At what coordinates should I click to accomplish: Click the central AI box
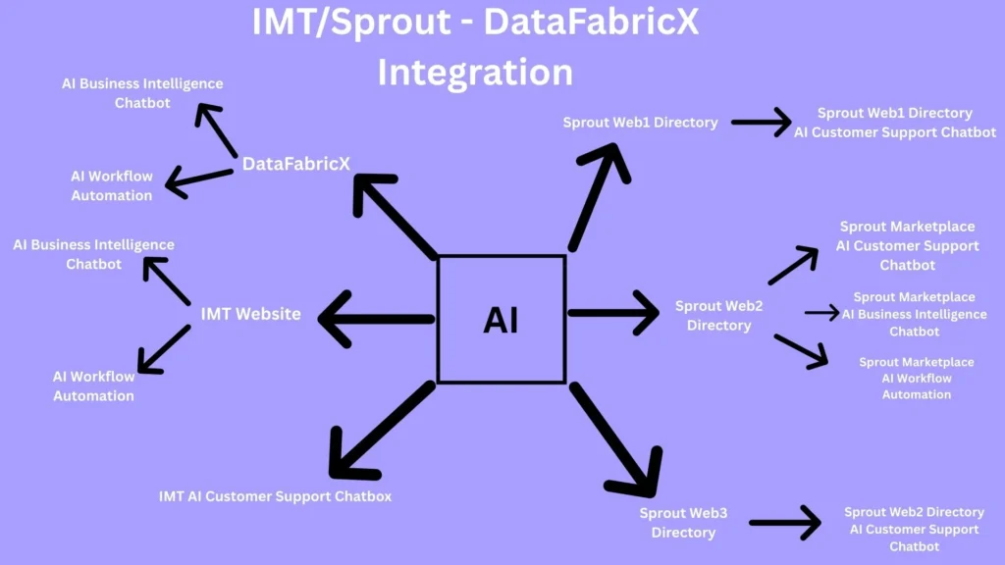(501, 319)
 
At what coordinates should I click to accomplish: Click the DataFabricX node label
(296, 164)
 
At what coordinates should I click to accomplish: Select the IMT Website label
(250, 315)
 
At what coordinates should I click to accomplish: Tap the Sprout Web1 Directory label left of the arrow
(640, 123)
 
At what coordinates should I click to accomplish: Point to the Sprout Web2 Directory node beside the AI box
(718, 316)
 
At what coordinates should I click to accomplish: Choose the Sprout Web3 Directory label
(683, 523)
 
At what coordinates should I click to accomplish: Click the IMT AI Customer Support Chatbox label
(275, 496)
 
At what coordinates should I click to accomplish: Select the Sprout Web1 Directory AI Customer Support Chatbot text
(895, 123)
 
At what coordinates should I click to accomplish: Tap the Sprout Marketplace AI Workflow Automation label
(917, 379)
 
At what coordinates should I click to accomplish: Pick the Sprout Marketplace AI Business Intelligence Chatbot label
(914, 314)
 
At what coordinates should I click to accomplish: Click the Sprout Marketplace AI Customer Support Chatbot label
(907, 246)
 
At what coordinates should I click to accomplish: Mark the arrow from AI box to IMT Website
(377, 318)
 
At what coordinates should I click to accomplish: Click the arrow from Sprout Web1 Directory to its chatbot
(761, 123)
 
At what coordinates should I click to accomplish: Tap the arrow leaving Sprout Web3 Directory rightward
(784, 522)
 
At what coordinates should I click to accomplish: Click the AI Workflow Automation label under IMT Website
(93, 386)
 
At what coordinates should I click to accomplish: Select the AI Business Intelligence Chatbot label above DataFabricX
(142, 93)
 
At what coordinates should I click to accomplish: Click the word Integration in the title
(475, 72)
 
